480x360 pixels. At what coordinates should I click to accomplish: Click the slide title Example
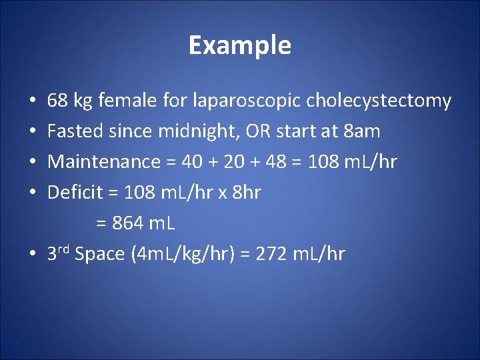click(239, 45)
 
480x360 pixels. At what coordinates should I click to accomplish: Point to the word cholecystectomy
click(379, 101)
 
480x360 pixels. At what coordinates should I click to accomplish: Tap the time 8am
click(361, 131)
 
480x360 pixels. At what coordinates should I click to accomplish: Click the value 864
click(127, 223)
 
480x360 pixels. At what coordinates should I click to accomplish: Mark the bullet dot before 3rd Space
click(33, 255)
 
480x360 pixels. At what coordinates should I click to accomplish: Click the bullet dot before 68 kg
click(33, 102)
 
